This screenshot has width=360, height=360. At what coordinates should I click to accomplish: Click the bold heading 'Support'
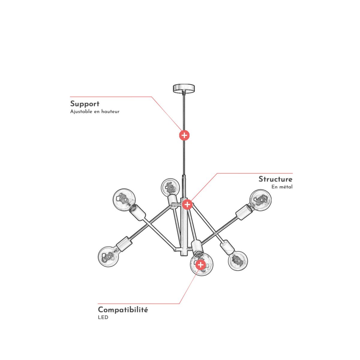tap(85, 104)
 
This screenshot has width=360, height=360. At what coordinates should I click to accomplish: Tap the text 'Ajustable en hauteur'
tap(95, 112)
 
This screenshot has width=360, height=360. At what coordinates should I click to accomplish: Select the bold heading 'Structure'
tap(275, 179)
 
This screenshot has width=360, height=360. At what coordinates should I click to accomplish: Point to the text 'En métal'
tap(282, 187)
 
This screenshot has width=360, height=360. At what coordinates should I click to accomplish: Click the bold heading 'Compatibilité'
tap(123, 310)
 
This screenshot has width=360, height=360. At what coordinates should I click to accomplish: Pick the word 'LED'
tap(103, 317)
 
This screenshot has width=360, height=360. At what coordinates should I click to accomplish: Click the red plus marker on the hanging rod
tap(184, 135)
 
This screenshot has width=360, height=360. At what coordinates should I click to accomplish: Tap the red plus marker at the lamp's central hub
tap(187, 204)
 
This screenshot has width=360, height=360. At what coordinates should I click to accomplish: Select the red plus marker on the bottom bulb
tap(200, 265)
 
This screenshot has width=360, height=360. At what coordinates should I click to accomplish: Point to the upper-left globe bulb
tap(124, 199)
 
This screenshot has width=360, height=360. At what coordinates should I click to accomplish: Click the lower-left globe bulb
tap(108, 256)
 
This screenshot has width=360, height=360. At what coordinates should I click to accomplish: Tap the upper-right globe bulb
tap(261, 200)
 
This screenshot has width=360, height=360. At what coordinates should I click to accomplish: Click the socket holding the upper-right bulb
tap(244, 212)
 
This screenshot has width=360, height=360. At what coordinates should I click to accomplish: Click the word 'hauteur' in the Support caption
tap(110, 112)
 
